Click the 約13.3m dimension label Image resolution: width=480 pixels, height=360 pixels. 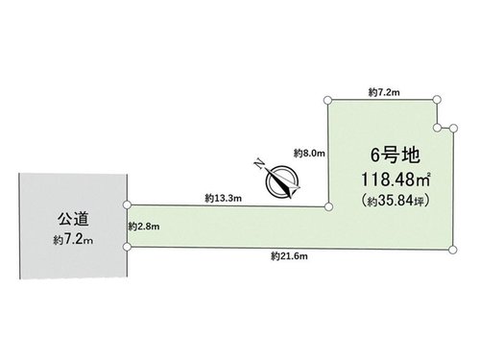coord(224,199)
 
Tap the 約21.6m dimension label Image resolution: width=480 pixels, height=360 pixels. coord(289,256)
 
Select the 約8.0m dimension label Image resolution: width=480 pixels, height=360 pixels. coord(309,154)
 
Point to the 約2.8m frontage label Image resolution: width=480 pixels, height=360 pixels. coord(144,227)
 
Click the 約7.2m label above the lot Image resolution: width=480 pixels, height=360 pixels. coord(384,93)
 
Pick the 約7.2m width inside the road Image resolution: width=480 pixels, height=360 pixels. coord(73,240)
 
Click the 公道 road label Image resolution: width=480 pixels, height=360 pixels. coord(73,219)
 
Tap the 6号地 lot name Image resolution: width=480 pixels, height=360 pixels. coord(395,156)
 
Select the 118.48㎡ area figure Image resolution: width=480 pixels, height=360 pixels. coord(396,180)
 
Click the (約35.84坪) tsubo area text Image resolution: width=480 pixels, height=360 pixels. coord(396,201)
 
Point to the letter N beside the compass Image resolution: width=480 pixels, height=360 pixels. coord(259,164)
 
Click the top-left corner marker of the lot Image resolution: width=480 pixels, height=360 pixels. coord(327,100)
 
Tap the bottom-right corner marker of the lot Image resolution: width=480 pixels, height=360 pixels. coord(452,250)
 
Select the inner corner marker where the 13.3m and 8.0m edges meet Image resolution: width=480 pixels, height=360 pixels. coord(328,206)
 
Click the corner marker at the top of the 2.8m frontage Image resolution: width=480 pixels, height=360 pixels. coord(127,204)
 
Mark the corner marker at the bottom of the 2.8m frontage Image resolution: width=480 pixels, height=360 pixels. coord(127,247)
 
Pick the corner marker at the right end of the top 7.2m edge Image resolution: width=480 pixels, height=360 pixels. coord(437,100)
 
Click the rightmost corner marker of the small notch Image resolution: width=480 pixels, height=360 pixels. coord(453,129)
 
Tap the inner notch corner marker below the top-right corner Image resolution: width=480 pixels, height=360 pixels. coord(437,128)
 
